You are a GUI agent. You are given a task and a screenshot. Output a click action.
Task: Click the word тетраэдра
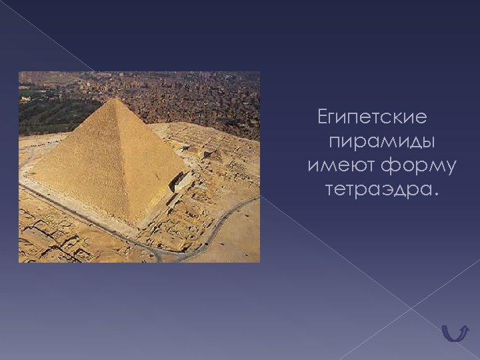click(376, 190)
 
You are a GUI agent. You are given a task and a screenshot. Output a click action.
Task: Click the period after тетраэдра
click(437, 195)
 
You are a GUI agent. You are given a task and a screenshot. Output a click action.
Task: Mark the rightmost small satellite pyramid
click(215, 155)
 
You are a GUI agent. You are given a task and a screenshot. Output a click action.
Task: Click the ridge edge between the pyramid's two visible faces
click(127, 160)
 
